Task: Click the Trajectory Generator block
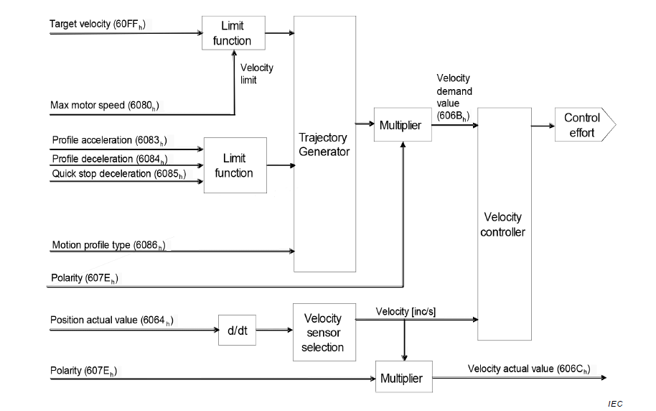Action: coord(325,144)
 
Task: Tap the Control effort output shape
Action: coord(583,126)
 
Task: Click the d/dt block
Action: coord(237,331)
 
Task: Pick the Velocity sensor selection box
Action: coord(322,333)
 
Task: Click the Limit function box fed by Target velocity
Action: coord(232,34)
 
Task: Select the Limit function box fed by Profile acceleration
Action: coord(234,165)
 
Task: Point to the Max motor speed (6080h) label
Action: coord(105,106)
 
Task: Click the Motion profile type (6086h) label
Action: coord(108,246)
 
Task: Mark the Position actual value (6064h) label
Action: coord(112,320)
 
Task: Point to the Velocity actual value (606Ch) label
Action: coord(529,369)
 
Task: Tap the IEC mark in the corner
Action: coord(614,404)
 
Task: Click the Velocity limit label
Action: coord(256,73)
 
